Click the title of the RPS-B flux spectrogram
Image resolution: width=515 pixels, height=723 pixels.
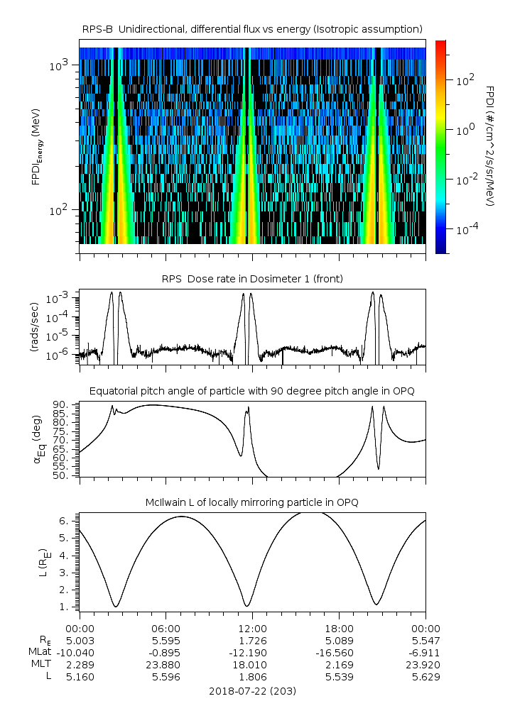(252, 28)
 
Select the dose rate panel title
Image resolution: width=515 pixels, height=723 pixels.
(252, 279)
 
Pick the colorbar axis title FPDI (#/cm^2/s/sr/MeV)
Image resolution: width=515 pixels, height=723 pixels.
(490, 145)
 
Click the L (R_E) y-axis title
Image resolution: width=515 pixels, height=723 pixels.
(42, 557)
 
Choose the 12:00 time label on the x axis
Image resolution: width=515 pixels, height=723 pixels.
(252, 628)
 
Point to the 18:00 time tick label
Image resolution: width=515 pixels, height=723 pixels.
(339, 628)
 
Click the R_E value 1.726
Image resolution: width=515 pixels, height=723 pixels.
(252, 640)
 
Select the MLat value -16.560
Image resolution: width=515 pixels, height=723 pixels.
(339, 652)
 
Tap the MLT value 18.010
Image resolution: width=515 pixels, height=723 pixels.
(252, 664)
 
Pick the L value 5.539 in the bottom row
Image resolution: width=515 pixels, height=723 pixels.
(339, 677)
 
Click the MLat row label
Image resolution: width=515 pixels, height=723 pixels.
(38, 652)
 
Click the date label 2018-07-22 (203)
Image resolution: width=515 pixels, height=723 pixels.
(252, 690)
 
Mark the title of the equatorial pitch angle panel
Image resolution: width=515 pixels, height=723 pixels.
(252, 392)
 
